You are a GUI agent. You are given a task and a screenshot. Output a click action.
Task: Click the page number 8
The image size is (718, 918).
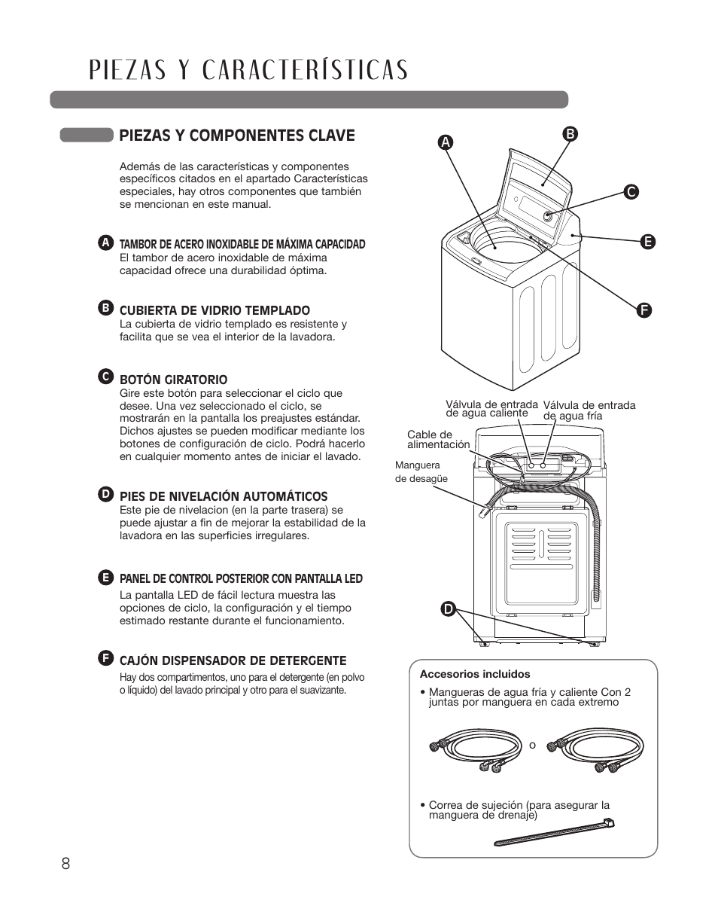tap(66, 863)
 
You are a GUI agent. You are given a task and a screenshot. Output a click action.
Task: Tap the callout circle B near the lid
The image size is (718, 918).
tap(570, 135)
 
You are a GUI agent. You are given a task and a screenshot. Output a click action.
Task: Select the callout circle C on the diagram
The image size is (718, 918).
tap(632, 192)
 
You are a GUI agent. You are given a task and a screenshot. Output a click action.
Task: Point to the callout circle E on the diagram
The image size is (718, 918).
tap(647, 242)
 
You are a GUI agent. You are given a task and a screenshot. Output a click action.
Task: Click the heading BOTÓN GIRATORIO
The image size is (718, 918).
tap(173, 380)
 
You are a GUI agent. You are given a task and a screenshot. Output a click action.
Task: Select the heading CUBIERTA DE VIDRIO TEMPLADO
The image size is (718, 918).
tap(214, 310)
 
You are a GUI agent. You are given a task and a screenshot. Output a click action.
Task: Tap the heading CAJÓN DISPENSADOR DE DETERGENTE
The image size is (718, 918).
tap(233, 660)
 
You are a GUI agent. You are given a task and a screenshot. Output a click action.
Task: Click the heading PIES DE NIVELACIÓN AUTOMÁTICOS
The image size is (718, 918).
tap(224, 496)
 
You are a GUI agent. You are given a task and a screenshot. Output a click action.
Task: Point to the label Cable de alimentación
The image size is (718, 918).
tap(437, 440)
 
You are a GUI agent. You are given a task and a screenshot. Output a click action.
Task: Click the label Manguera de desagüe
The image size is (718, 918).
tap(421, 472)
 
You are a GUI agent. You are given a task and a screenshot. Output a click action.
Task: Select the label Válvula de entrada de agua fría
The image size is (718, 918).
tap(589, 410)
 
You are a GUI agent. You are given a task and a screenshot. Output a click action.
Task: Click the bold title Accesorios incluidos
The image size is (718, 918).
tap(475, 674)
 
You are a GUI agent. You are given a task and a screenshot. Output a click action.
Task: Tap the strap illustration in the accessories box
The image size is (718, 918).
tap(554, 833)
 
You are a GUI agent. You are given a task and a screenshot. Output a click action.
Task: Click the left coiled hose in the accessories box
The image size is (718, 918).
tap(466, 750)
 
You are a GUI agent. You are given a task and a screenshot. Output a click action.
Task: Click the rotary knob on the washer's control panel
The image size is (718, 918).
tap(548, 217)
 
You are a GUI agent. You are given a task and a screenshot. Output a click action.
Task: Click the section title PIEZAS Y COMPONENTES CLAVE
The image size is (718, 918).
tap(236, 136)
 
